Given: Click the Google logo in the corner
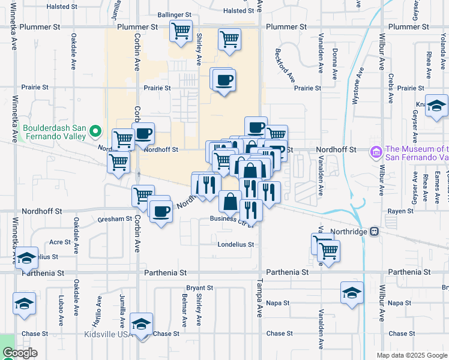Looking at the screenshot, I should pos(20,353).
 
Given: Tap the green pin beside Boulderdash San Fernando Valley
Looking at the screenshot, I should pos(95,131).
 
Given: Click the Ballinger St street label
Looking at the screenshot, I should pos(174,14).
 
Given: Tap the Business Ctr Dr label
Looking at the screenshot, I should pos(228,219).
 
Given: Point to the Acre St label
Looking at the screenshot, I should pos(60,242).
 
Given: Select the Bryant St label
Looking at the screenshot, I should pos(200,288).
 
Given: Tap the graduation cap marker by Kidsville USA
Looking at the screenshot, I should pos(142,324).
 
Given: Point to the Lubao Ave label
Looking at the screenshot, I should pos(62,305).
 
